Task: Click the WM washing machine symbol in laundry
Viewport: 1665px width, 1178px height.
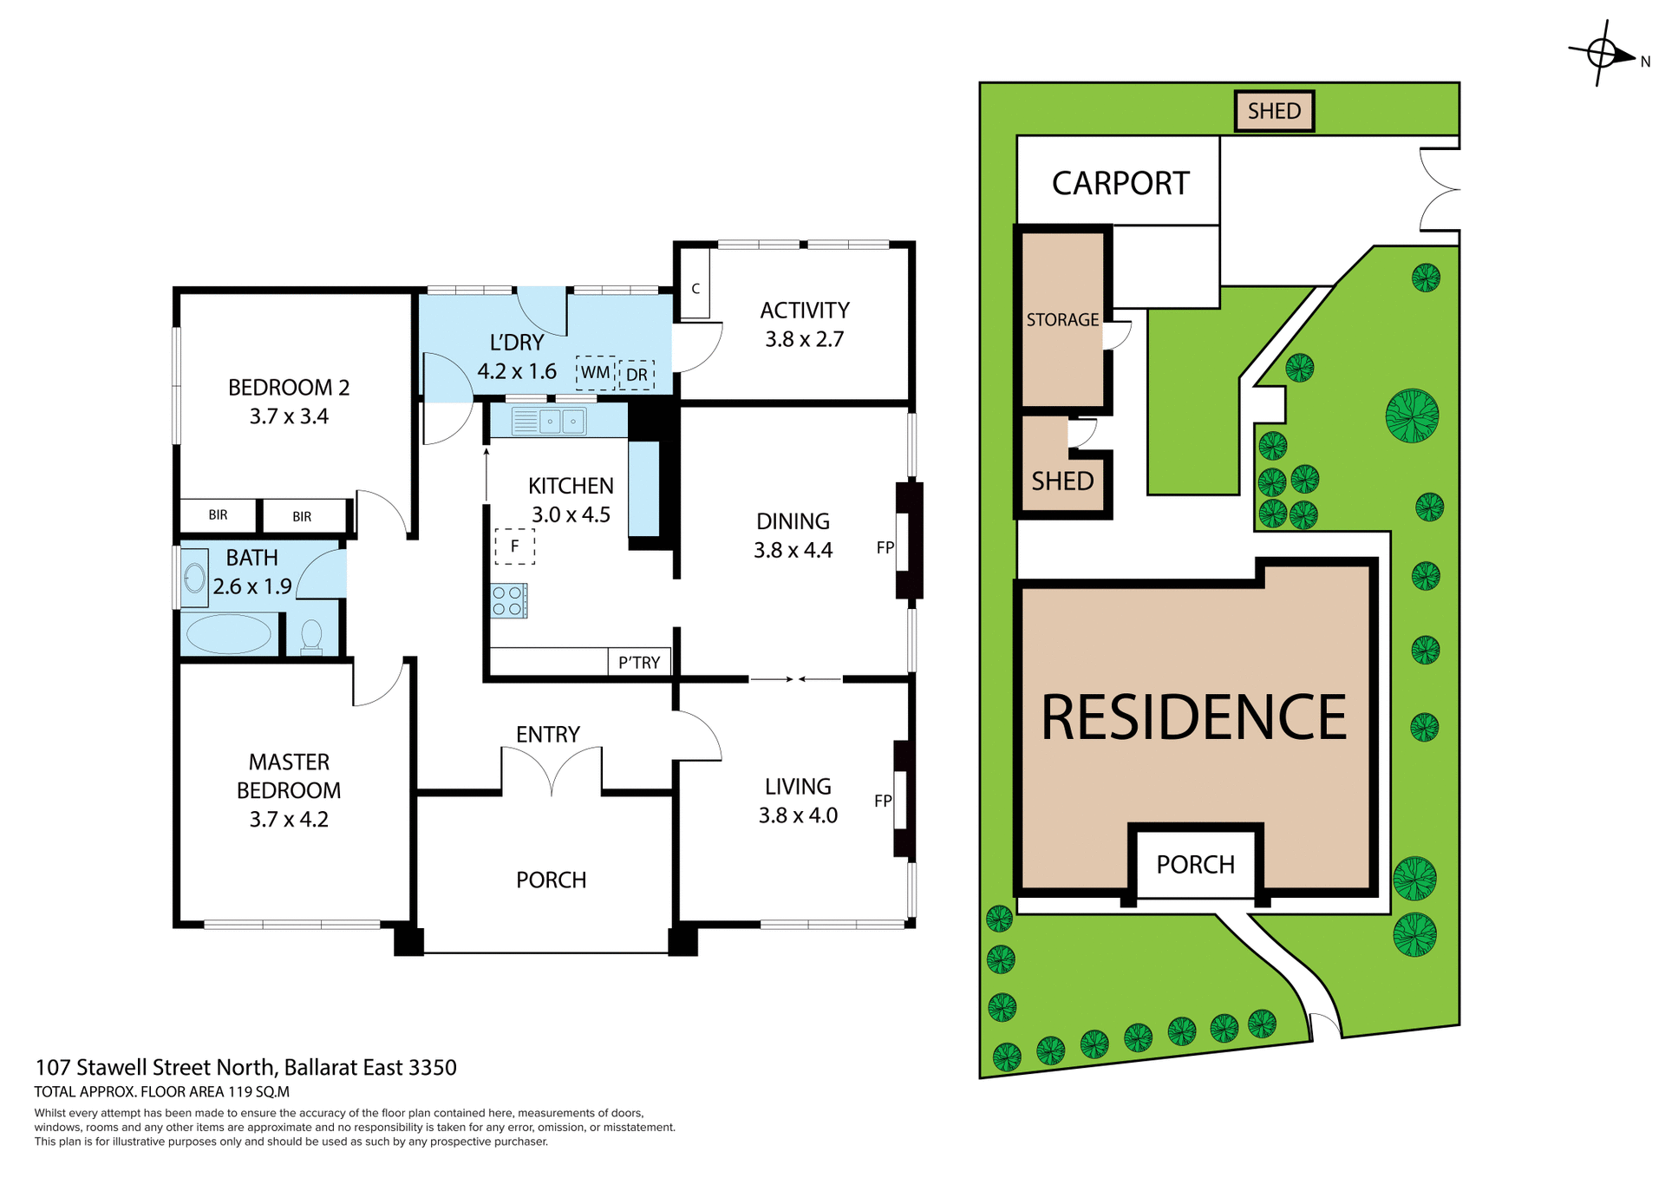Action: (595, 373)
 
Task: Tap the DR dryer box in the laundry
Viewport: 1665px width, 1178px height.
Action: (637, 375)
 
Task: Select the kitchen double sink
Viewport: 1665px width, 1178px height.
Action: (550, 422)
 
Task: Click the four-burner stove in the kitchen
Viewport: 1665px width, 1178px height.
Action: (509, 601)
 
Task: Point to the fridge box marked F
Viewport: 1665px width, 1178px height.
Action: (514, 546)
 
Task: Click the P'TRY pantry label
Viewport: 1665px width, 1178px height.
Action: (639, 663)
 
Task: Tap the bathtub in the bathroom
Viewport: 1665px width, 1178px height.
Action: (229, 634)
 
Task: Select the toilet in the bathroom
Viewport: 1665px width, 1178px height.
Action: (311, 637)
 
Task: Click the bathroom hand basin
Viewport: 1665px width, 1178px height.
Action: (194, 578)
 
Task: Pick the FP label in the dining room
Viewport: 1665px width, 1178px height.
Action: (885, 547)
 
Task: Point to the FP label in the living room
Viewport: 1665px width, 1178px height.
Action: (883, 801)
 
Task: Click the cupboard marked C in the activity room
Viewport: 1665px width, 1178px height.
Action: (695, 289)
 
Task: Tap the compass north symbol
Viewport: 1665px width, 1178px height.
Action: (1603, 54)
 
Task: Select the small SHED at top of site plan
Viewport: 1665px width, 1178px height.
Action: (1274, 111)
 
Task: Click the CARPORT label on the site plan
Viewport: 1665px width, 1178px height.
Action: (1120, 184)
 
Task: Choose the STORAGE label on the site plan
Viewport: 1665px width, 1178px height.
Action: (1062, 320)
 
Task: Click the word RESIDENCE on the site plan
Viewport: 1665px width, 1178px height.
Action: (1193, 717)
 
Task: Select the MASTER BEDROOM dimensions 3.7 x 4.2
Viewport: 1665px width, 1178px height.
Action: (289, 819)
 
